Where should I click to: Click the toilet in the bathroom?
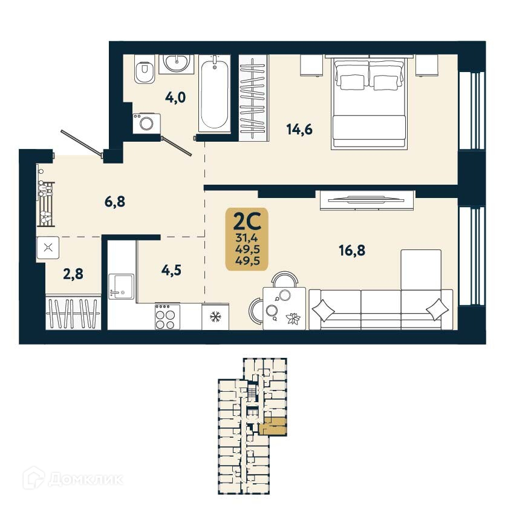point(144,71)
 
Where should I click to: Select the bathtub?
point(215,94)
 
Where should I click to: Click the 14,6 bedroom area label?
point(300,129)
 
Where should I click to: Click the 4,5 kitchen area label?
point(171,269)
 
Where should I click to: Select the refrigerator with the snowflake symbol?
point(215,316)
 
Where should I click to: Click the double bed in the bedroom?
point(368,103)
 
